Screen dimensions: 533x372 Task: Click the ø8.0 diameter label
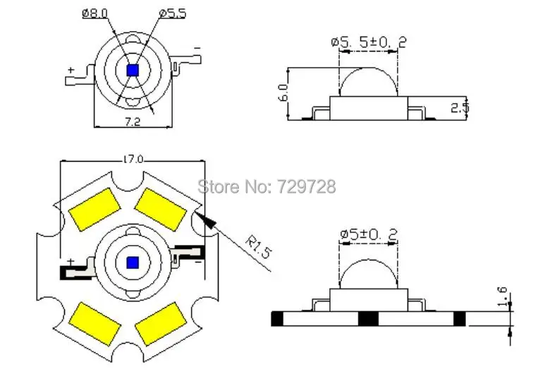click(x=95, y=13)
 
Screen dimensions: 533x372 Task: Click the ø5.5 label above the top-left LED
click(x=173, y=13)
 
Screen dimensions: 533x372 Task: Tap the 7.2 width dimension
click(x=133, y=121)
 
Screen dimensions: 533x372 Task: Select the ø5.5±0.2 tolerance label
click(x=369, y=42)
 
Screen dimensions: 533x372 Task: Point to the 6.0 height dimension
click(x=283, y=92)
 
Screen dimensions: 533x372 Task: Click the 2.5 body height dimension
click(x=460, y=107)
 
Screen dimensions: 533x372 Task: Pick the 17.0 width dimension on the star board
click(x=133, y=160)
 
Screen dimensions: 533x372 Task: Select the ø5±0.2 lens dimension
click(x=369, y=234)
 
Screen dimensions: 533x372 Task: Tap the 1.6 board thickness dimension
click(x=503, y=296)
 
